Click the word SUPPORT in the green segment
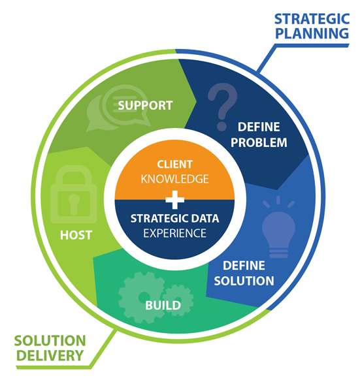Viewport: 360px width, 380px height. [x=146, y=105]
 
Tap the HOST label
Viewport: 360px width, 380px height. [x=76, y=234]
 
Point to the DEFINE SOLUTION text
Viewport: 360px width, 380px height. [x=248, y=274]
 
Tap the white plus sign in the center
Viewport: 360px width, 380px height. [x=175, y=198]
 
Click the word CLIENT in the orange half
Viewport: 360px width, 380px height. [x=174, y=165]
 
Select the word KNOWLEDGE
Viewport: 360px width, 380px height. [x=174, y=178]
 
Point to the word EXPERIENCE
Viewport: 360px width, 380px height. [x=175, y=232]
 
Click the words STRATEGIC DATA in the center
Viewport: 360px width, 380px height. [x=175, y=219]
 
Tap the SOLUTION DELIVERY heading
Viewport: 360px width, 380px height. [x=50, y=348]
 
